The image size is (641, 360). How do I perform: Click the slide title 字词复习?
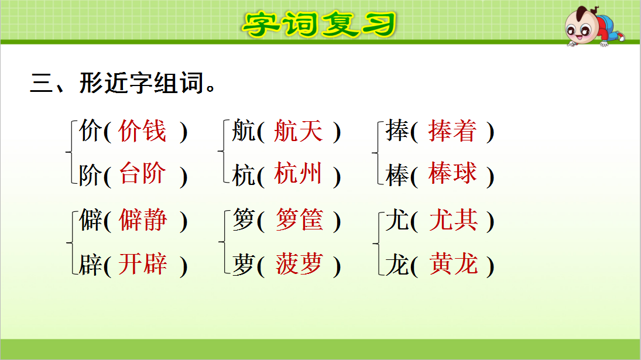(x=320, y=24)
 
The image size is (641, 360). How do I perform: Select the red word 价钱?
(x=142, y=131)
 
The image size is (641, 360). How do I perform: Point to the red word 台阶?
(x=142, y=174)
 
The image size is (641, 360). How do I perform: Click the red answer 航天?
(x=298, y=131)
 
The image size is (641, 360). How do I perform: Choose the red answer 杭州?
(x=298, y=174)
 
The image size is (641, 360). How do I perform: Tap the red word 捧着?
(x=452, y=131)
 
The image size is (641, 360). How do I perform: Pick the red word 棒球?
(x=452, y=174)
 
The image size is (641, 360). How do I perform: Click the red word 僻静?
(x=142, y=221)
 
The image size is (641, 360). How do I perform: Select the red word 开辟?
(x=142, y=265)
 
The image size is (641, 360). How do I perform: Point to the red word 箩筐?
(x=299, y=221)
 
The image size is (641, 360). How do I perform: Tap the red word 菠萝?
(x=299, y=265)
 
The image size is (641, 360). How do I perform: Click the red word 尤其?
(x=453, y=221)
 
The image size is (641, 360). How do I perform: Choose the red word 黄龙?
(x=453, y=265)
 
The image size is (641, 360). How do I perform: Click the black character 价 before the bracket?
(x=90, y=132)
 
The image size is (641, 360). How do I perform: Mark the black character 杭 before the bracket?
(x=244, y=175)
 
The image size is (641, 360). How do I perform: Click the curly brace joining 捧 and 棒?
(x=375, y=153)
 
